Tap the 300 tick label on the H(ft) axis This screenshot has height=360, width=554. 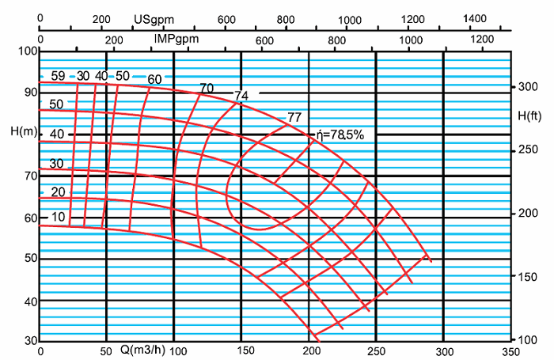(x=528, y=87)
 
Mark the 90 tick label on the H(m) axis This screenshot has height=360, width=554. (x=30, y=92)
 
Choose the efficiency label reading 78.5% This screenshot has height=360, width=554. (x=340, y=135)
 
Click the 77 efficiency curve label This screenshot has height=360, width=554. (x=294, y=117)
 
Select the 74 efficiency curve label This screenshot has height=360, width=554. (x=241, y=96)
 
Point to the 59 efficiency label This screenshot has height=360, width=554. (x=58, y=76)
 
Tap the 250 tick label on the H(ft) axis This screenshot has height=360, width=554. (x=528, y=150)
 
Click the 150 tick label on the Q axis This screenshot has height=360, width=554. (x=241, y=350)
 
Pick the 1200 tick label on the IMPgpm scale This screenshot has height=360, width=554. (x=481, y=40)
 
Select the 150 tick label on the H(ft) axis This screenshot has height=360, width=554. (x=528, y=276)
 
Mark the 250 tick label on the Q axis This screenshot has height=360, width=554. (x=376, y=350)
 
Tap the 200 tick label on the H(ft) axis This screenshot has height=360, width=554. (x=528, y=214)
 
